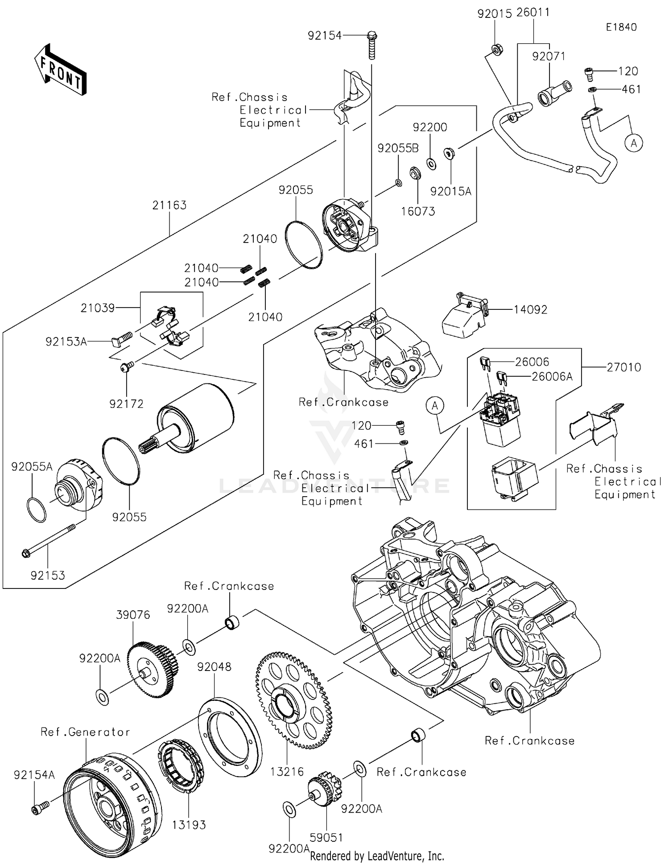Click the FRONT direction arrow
pyautogui.click(x=60, y=70)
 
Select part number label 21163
pyautogui.click(x=169, y=205)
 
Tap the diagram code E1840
pyautogui.click(x=621, y=27)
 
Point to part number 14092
pyautogui.click(x=530, y=309)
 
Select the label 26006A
pyautogui.click(x=552, y=377)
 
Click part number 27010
pyautogui.click(x=624, y=367)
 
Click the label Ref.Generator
pyautogui.click(x=85, y=732)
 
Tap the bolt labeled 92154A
pyautogui.click(x=39, y=807)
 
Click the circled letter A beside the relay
pyautogui.click(x=435, y=405)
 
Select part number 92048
pyautogui.click(x=214, y=667)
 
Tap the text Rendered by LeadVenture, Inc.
pyautogui.click(x=377, y=856)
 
